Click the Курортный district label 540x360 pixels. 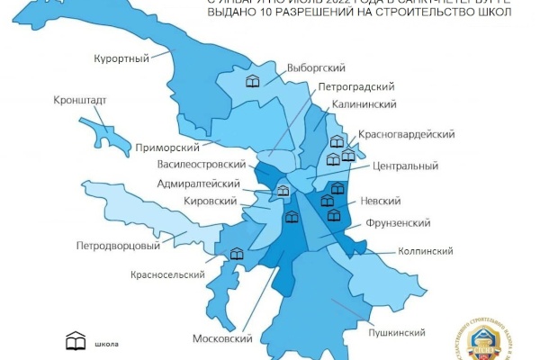pos(121,59)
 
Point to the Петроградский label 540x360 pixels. pos(357,87)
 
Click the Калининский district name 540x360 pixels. pos(365,105)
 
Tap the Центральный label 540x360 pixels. pos(405,166)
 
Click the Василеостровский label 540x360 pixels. pos(202,166)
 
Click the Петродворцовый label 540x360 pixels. pos(118,245)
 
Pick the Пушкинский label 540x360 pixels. pos(396,333)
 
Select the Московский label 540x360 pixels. pos(222,339)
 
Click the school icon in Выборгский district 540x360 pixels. pos(255,82)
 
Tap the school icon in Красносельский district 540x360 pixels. pos(237,255)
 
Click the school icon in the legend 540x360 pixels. pos(76,343)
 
